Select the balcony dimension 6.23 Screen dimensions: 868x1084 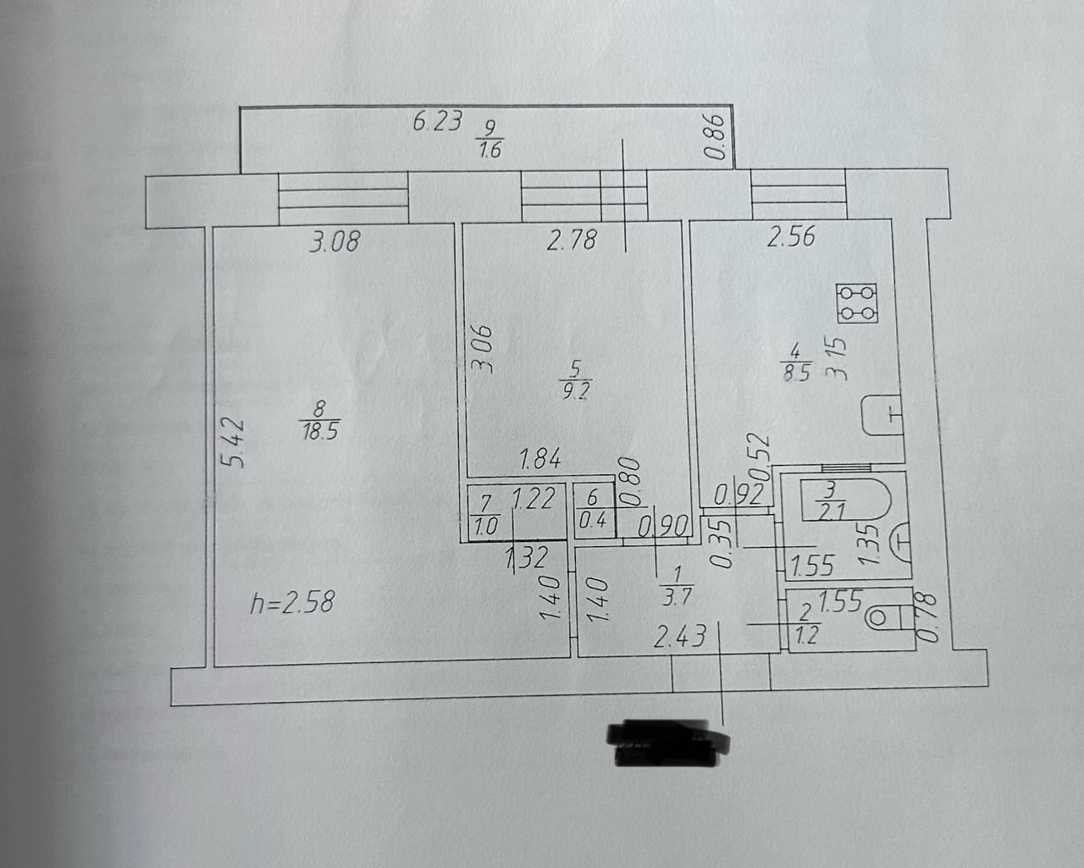pyautogui.click(x=437, y=122)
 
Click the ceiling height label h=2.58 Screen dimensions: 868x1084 pyautogui.click(x=294, y=604)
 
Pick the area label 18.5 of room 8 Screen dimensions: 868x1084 pyautogui.click(x=319, y=431)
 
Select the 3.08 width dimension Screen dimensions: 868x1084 pyautogui.click(x=334, y=243)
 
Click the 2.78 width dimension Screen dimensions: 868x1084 pyautogui.click(x=572, y=242)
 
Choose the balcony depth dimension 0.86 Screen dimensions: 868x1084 pyautogui.click(x=716, y=137)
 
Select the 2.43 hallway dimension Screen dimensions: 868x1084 pyautogui.click(x=679, y=637)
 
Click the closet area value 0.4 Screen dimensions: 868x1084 pyautogui.click(x=592, y=521)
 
